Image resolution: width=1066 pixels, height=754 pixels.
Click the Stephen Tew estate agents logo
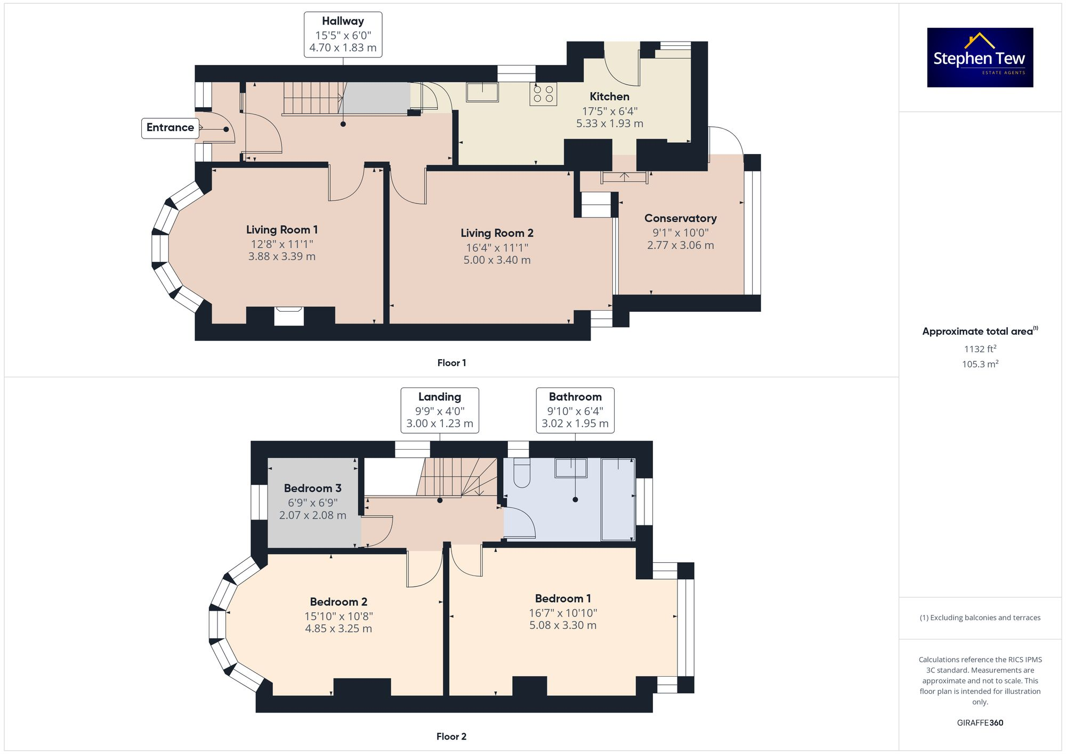point(980,58)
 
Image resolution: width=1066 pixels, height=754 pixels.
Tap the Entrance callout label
point(170,128)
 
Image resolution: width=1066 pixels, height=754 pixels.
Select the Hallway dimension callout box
point(343,35)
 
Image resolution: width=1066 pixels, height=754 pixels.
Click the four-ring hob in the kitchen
point(543,94)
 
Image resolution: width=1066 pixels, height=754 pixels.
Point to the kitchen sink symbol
point(482,92)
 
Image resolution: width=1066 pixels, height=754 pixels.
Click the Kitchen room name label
point(609,96)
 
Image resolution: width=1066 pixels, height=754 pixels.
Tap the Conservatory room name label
point(680,218)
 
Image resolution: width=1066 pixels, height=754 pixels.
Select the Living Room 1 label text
point(281,230)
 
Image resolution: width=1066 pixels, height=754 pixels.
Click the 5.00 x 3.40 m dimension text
point(497,260)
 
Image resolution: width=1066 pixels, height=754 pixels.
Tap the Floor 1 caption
point(451,363)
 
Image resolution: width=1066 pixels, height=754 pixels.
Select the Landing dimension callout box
point(439,410)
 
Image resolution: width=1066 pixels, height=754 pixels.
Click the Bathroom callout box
point(575,410)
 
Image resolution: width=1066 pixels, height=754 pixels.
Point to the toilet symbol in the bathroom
point(522,473)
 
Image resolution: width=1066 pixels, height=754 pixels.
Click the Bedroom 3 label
point(312,488)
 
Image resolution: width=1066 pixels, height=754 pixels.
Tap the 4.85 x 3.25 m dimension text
point(338,629)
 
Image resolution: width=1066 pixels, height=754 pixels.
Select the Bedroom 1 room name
point(562,598)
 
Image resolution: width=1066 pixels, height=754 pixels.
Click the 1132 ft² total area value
point(980,349)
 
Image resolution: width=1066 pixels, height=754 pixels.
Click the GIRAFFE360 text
point(980,723)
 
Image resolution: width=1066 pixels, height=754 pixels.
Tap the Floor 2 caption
point(451,736)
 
